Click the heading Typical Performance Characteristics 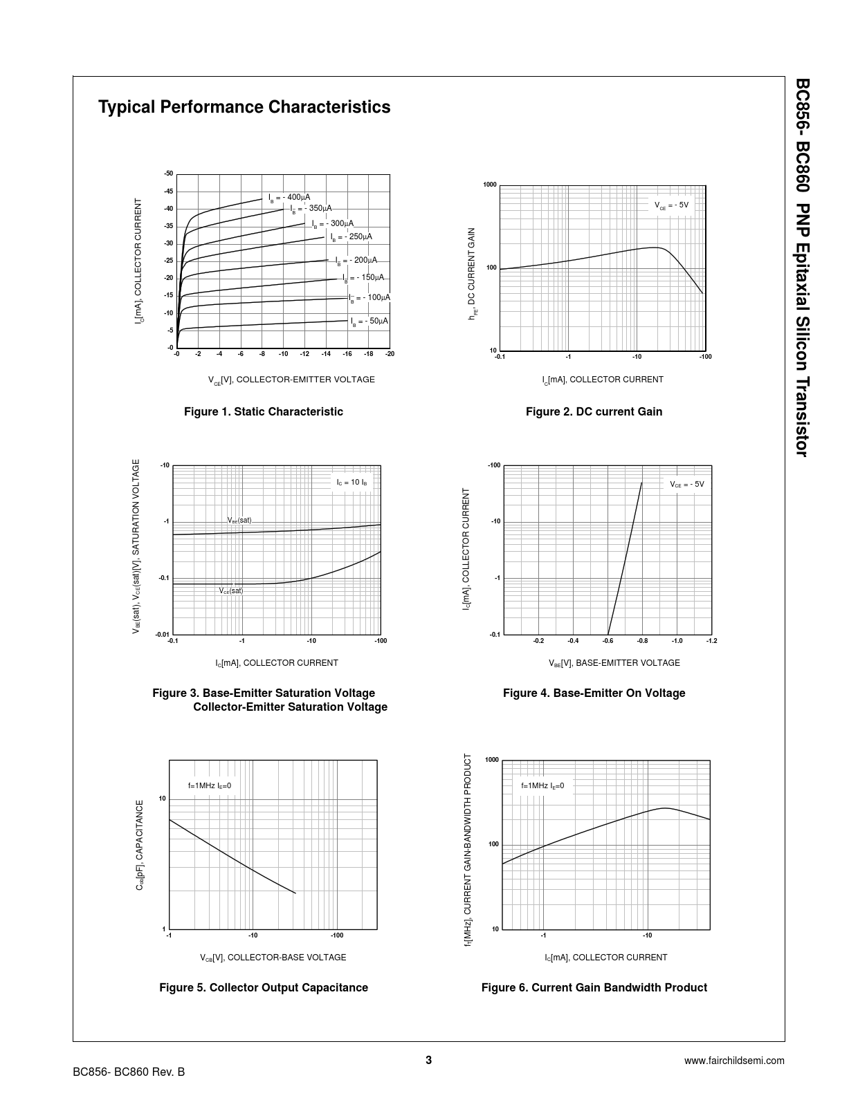(244, 107)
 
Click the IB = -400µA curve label (290, 198)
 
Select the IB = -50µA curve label (369, 322)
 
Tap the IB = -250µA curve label (351, 237)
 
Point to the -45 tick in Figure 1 (168, 192)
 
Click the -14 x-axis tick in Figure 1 (325, 354)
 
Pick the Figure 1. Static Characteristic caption (263, 412)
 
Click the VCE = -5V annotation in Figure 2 (671, 205)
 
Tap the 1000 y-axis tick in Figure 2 (490, 185)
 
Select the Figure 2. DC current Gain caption (594, 412)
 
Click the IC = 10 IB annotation (352, 482)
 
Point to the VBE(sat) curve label (239, 520)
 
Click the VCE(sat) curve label (231, 591)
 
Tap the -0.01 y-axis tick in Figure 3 (163, 634)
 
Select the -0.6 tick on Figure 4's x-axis (608, 641)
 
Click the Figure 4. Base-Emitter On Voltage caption (594, 693)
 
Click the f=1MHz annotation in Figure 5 (209, 785)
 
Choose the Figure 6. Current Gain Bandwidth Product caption (594, 988)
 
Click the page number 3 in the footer (429, 1060)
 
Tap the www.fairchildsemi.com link (734, 1061)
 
